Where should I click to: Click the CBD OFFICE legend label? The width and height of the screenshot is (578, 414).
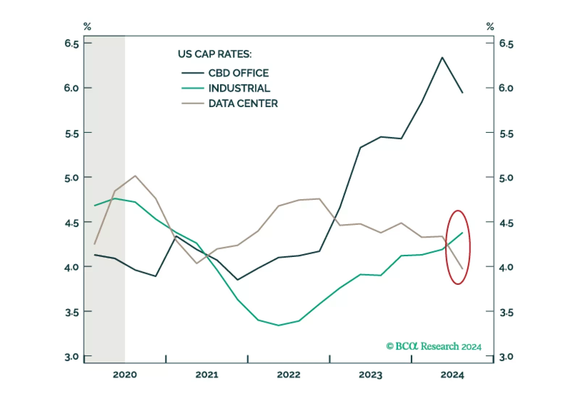pos(238,73)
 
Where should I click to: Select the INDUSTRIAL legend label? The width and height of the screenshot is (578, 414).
pos(239,88)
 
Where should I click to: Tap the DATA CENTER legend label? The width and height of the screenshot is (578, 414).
pos(243,103)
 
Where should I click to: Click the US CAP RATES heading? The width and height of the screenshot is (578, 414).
pos(214,54)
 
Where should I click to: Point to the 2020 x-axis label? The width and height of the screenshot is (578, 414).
pos(125,375)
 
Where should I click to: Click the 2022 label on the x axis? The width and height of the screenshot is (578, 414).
pos(289,375)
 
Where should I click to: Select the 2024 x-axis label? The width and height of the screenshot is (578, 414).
pos(452,375)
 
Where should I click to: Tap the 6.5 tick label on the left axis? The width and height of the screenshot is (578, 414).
pos(72,44)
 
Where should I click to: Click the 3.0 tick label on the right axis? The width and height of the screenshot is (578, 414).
pos(506,357)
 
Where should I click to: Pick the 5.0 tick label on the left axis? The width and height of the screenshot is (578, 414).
pos(72,178)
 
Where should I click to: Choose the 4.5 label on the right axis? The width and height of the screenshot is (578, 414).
pos(506,223)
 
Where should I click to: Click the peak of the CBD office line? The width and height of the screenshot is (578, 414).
pos(442,58)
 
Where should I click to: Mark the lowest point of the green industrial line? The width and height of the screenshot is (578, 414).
pos(278,325)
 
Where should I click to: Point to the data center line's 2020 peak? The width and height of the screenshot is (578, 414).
pos(135,176)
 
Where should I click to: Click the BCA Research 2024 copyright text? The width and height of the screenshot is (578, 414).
pos(433,346)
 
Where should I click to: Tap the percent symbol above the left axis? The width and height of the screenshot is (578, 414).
pos(87,26)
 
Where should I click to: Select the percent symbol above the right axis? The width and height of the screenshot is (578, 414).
pos(490,26)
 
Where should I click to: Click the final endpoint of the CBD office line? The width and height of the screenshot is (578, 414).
pos(462,93)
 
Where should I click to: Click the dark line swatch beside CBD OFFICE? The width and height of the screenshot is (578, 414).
pos(192,73)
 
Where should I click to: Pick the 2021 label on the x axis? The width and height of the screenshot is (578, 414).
pos(207,375)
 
